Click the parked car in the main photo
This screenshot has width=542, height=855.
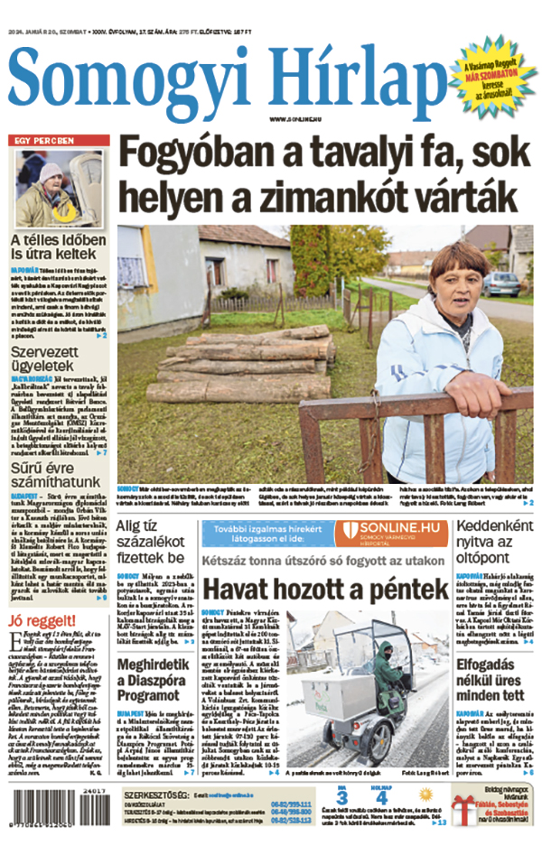[x=501, y=284]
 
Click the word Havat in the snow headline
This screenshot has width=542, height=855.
[x=243, y=590]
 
